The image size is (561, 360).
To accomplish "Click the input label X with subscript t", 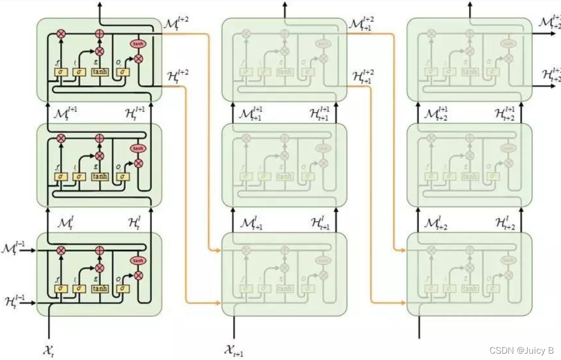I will pyautogui.click(x=48, y=349).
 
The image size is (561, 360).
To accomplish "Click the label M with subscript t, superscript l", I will pyautogui.click(x=66, y=223).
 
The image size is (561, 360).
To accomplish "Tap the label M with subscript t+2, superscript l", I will pyautogui.click(x=437, y=223).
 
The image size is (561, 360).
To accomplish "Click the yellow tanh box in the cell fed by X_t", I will pyautogui.click(x=100, y=289).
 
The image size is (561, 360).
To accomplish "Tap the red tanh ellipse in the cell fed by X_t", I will pyautogui.click(x=138, y=261).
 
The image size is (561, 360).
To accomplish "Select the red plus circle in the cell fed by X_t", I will pyautogui.click(x=100, y=251).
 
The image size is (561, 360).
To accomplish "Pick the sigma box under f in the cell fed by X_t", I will pyautogui.click(x=61, y=289).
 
